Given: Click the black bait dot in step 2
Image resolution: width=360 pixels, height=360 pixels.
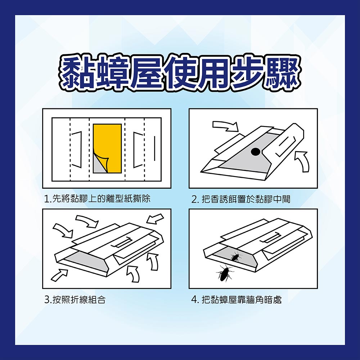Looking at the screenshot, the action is pos(255,151).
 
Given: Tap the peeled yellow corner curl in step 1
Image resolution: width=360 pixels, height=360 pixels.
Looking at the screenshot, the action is pos(102,162).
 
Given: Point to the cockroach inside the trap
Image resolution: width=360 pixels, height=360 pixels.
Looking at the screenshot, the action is pos(235,257).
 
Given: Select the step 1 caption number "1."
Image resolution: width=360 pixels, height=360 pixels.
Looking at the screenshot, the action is pos(48,199).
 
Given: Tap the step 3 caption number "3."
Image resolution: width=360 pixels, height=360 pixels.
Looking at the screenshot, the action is pos(48,300).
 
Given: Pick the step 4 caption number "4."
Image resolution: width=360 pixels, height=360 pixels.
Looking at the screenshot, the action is pos(195,300).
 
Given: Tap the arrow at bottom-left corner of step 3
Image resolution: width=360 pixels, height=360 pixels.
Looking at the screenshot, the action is pos(59,275).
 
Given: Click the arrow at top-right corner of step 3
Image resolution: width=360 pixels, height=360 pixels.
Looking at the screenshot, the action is pos(155,219).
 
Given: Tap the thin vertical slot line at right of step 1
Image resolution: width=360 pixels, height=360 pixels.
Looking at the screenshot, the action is pos(154,148).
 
